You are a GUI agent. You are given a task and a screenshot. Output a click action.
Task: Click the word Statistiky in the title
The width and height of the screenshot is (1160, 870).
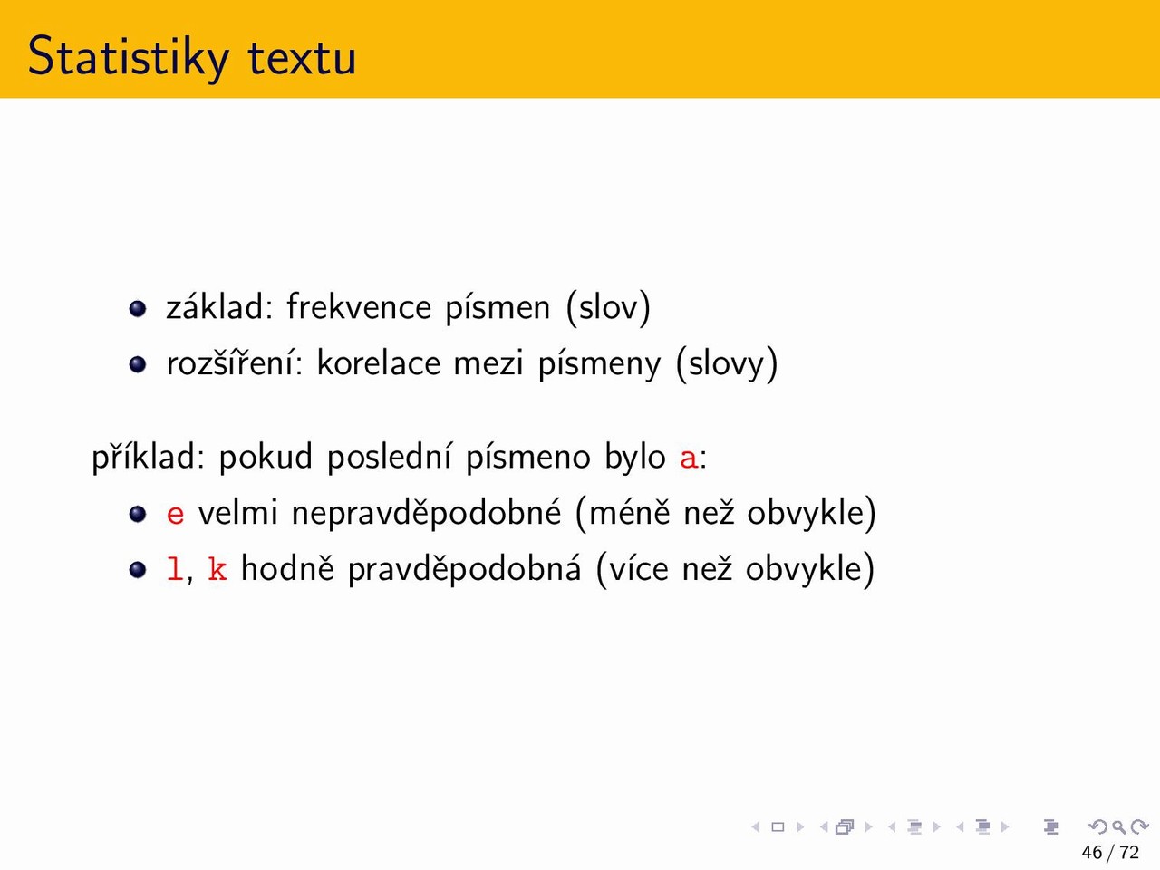pyautogui.click(x=129, y=57)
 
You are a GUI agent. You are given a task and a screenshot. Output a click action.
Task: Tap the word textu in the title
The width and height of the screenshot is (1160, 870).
pyautogui.click(x=302, y=57)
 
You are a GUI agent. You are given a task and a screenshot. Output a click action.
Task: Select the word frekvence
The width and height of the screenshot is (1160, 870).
pyautogui.click(x=359, y=306)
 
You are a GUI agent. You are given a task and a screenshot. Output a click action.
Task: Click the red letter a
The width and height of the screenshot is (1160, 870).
pyautogui.click(x=689, y=458)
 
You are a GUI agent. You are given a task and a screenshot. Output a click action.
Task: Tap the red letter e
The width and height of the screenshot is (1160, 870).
pyautogui.click(x=176, y=514)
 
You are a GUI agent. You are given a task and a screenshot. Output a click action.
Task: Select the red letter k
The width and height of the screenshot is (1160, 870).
pyautogui.click(x=217, y=569)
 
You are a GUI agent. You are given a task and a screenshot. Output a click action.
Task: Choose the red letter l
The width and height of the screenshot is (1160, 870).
pyautogui.click(x=175, y=569)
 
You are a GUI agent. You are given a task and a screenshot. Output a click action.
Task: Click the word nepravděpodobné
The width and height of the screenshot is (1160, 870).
pyautogui.click(x=426, y=514)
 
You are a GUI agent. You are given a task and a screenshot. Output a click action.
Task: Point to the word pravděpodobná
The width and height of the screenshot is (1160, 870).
pyautogui.click(x=465, y=569)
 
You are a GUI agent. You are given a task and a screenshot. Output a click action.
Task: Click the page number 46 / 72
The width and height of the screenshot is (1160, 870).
pyautogui.click(x=1110, y=852)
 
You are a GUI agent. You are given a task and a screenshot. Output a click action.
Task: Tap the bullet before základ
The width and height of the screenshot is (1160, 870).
pyautogui.click(x=138, y=308)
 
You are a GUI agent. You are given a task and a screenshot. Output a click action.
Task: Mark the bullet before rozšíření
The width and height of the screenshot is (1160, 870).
pyautogui.click(x=138, y=364)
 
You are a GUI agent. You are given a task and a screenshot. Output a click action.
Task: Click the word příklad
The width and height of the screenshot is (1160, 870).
pyautogui.click(x=148, y=457)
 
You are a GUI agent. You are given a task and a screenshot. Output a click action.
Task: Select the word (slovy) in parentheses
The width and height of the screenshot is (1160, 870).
pyautogui.click(x=727, y=363)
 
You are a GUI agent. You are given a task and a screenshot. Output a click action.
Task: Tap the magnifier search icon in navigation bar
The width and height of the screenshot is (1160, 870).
pyautogui.click(x=1119, y=826)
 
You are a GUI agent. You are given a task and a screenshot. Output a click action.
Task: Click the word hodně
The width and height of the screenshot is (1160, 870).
pyautogui.click(x=287, y=568)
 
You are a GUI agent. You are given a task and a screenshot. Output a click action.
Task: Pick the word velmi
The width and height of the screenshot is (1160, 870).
pyautogui.click(x=237, y=512)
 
